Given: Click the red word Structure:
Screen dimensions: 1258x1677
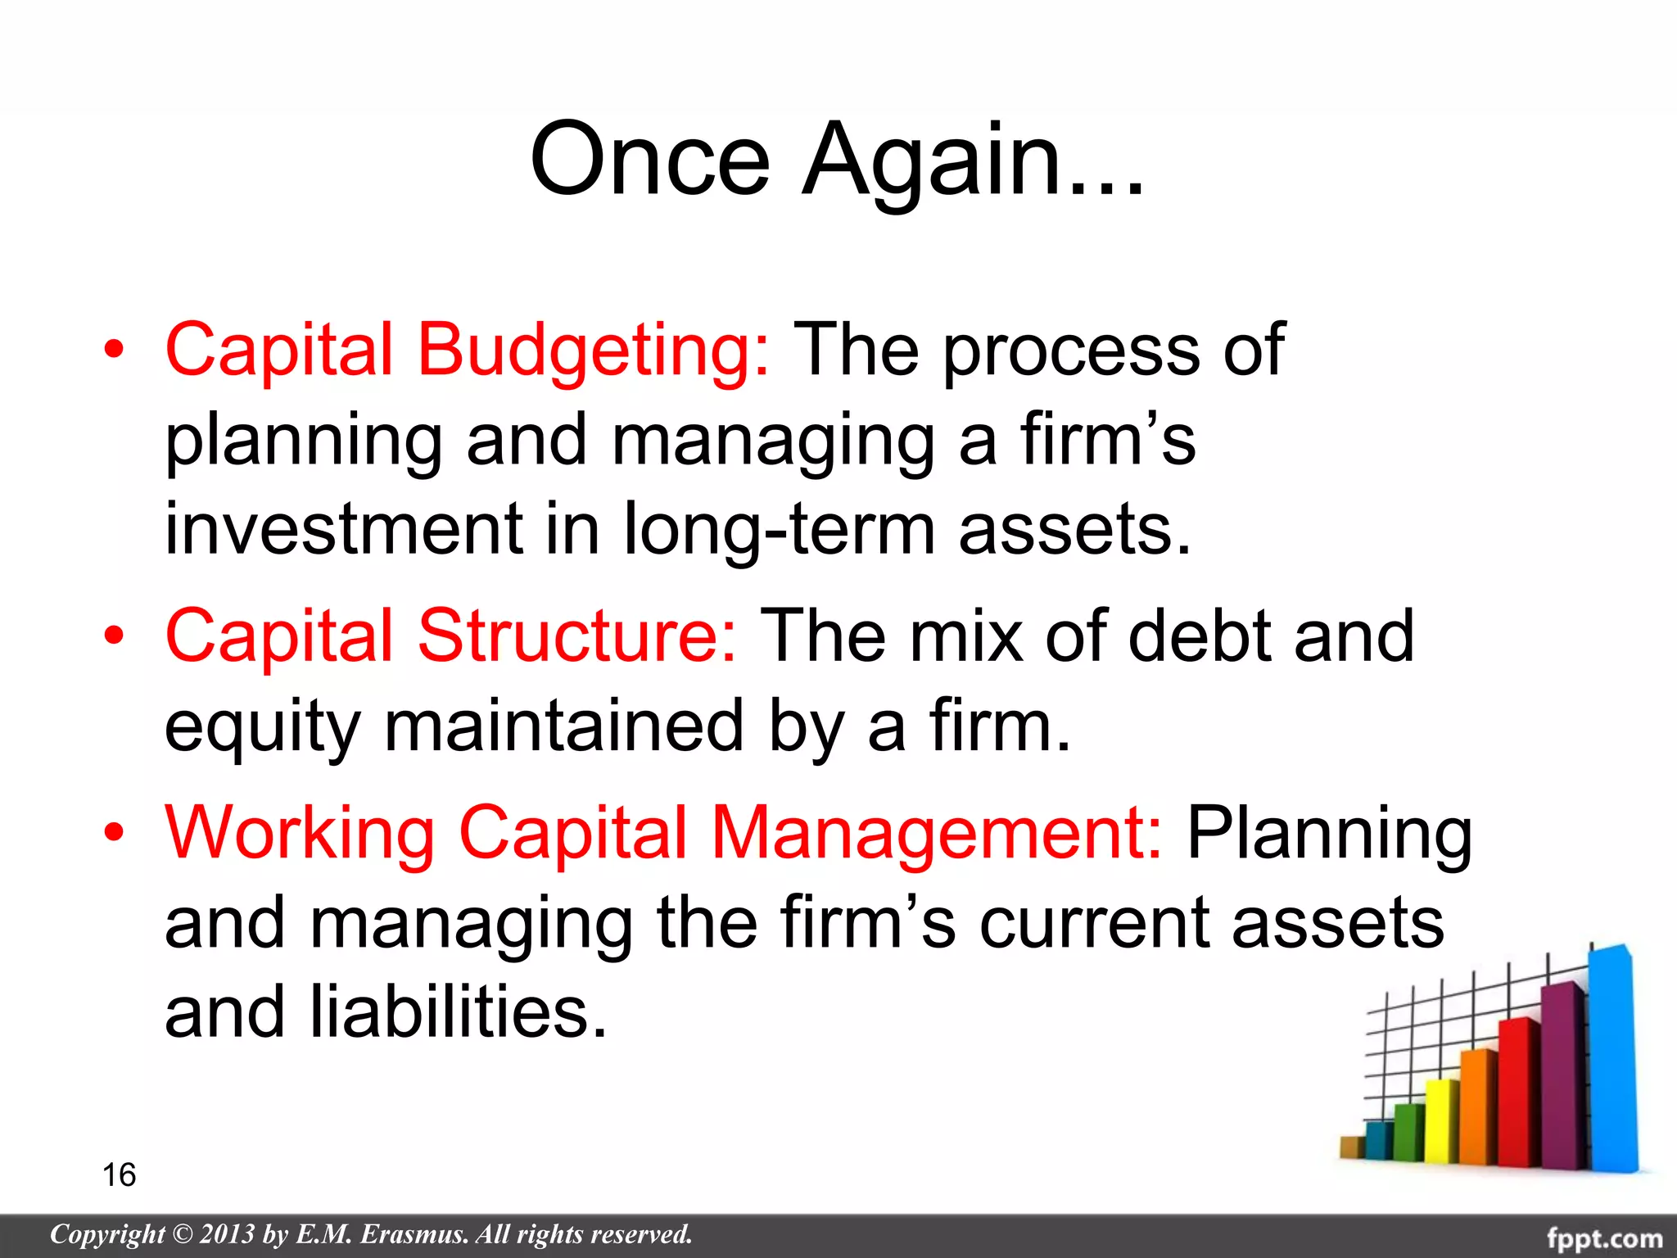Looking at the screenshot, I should coord(578,636).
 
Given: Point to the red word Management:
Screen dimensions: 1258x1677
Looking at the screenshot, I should coord(936,834).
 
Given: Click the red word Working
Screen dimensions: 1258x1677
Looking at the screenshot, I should coord(300,834).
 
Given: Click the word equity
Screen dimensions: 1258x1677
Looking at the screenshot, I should coord(262,727).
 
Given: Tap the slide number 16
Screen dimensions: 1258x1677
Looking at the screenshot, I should coord(119,1174).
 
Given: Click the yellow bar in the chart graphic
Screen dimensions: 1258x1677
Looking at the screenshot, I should coord(1441,1122).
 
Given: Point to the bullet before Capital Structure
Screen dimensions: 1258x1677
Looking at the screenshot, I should coord(114,636).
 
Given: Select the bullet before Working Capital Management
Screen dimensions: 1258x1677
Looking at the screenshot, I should coord(114,834).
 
